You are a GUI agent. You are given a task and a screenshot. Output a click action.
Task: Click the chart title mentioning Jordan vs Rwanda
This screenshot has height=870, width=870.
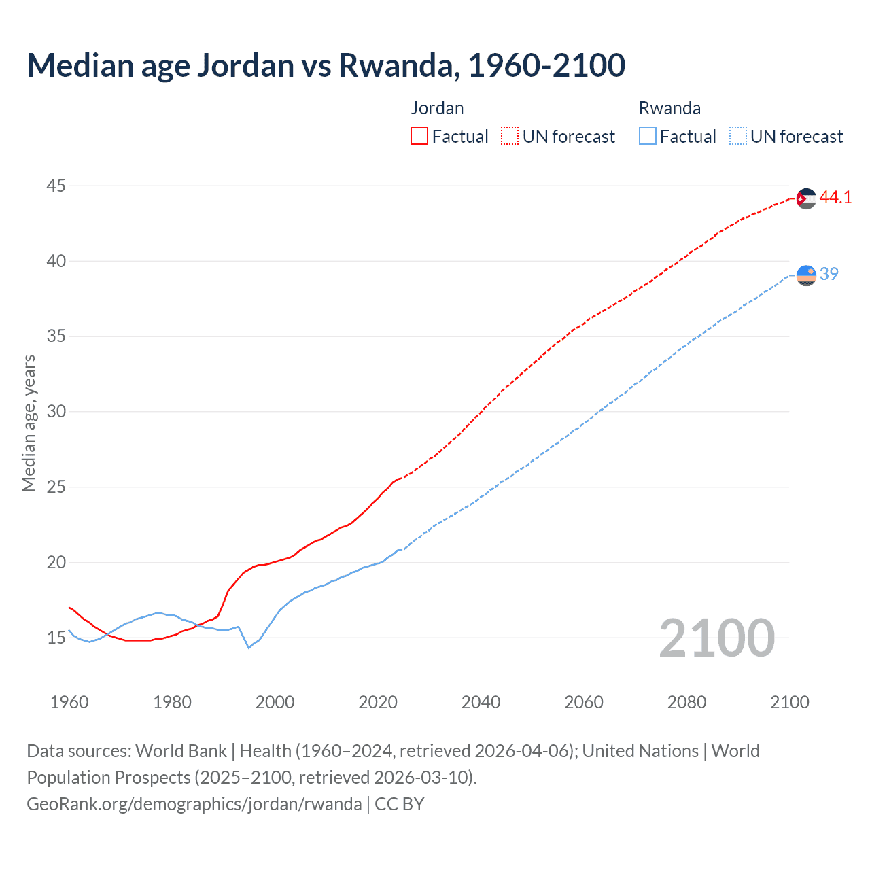pos(326,65)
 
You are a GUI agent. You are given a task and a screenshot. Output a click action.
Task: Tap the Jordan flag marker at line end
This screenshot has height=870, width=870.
pos(806,198)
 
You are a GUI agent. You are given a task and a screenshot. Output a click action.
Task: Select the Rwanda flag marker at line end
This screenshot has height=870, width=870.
pos(806,275)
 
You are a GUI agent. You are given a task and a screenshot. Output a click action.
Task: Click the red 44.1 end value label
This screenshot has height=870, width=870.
pos(835,198)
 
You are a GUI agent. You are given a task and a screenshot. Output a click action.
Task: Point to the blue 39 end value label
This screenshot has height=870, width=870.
pos(829,274)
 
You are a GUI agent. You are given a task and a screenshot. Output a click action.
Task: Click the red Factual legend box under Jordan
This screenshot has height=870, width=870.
pos(419,137)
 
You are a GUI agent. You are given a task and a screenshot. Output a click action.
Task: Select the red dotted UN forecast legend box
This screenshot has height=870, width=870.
pos(510,137)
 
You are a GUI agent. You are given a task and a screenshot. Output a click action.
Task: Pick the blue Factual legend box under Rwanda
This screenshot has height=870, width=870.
pos(648,137)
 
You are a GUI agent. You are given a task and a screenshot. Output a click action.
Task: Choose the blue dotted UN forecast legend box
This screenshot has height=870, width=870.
pos(737,137)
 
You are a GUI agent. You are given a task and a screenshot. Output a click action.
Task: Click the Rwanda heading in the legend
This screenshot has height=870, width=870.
pos(669,108)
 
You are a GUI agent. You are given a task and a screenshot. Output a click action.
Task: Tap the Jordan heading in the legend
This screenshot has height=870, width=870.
pos(437,108)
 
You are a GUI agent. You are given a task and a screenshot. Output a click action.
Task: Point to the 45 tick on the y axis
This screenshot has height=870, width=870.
pos(56,186)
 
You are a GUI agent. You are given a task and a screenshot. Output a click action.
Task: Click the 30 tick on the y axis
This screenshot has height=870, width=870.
pos(56,411)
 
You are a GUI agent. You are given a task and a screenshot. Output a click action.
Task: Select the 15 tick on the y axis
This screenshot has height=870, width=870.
pos(56,638)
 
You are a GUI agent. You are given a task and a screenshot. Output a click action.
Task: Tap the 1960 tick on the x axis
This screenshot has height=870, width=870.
pos(69,702)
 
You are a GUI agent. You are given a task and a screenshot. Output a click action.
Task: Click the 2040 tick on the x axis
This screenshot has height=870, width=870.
pos(481,702)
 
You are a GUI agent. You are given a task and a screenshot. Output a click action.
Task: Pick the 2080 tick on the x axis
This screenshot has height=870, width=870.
pos(686,702)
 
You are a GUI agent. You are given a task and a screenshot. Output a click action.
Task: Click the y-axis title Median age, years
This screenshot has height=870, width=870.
pos(29,423)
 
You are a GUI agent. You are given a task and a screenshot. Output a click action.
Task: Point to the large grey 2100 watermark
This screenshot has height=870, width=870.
pos(716,638)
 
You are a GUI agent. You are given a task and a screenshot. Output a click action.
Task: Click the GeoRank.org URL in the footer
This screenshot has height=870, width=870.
pos(194,804)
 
